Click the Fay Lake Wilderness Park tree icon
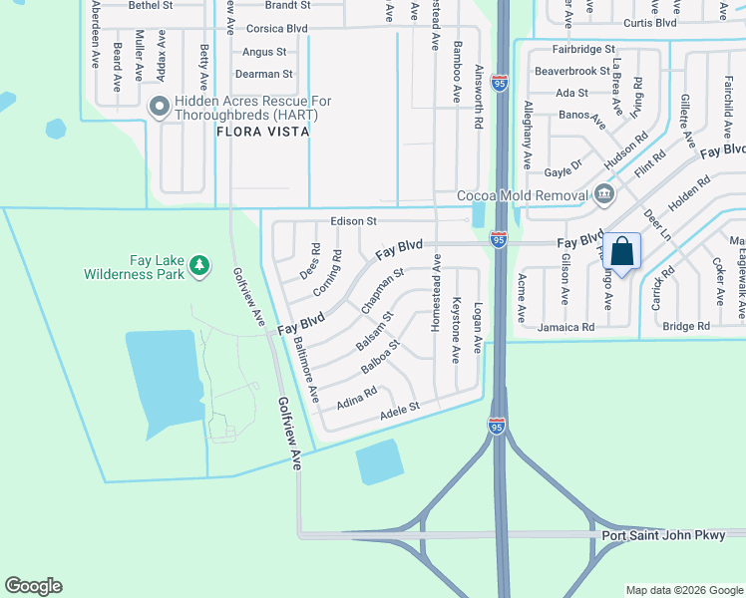(x=200, y=264)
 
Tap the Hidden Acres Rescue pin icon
(x=159, y=106)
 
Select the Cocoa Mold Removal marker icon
(x=603, y=195)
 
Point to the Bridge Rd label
(x=686, y=326)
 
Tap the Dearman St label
(x=263, y=74)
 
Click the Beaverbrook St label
(x=571, y=71)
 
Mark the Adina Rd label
(x=357, y=402)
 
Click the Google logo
(x=33, y=586)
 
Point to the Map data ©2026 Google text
(x=684, y=590)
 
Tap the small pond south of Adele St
(x=379, y=461)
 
